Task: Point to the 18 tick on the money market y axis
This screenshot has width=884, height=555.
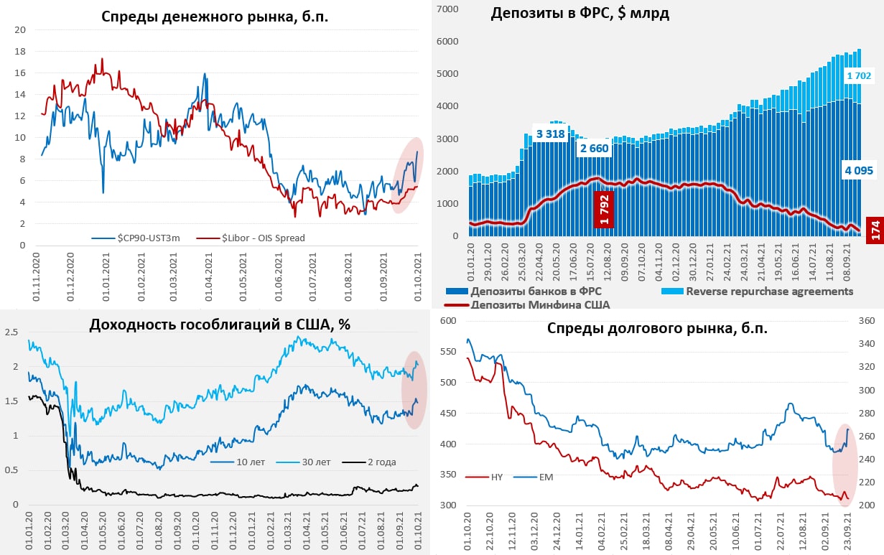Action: [x=20, y=52]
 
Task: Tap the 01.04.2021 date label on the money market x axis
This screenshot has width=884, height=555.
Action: [x=208, y=269]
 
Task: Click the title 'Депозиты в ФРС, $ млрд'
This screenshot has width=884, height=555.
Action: [x=580, y=14]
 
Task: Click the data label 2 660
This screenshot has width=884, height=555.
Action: [x=595, y=149]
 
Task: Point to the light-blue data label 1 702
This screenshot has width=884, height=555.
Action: [x=858, y=75]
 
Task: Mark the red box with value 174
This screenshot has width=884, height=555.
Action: [x=875, y=230]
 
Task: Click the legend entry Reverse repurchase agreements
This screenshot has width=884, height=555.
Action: [x=769, y=292]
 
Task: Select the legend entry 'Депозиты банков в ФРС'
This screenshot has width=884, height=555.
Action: [x=536, y=292]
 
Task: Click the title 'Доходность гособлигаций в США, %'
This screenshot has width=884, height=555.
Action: [x=220, y=324]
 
